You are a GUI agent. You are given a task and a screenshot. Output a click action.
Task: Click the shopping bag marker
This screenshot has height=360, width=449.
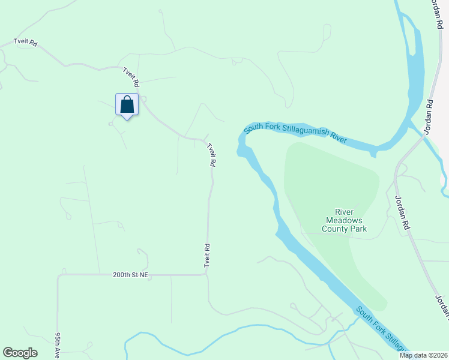[127, 105]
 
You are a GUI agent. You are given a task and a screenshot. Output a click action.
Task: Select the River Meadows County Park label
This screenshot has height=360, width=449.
[344, 220]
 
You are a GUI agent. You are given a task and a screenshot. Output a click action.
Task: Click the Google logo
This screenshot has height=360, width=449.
[20, 353]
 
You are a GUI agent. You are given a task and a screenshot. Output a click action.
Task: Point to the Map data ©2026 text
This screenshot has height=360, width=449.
[423, 355]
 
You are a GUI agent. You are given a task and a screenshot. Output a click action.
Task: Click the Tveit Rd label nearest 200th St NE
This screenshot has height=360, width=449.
[206, 255]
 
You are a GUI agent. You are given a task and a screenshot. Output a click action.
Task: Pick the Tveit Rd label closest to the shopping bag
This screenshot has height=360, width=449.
[131, 76]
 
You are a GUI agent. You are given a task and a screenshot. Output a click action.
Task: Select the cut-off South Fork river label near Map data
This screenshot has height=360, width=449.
[382, 329]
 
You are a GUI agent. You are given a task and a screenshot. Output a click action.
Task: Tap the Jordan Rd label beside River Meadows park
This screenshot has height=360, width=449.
[401, 212]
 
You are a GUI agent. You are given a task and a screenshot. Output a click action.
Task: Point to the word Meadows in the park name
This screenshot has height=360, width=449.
[344, 220]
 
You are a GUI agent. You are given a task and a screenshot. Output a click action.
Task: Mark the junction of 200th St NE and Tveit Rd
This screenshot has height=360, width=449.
[206, 275]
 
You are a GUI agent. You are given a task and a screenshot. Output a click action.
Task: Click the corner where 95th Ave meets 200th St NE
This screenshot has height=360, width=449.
[58, 276]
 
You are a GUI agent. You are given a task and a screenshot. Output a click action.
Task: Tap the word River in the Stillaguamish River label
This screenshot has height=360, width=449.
[339, 137]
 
